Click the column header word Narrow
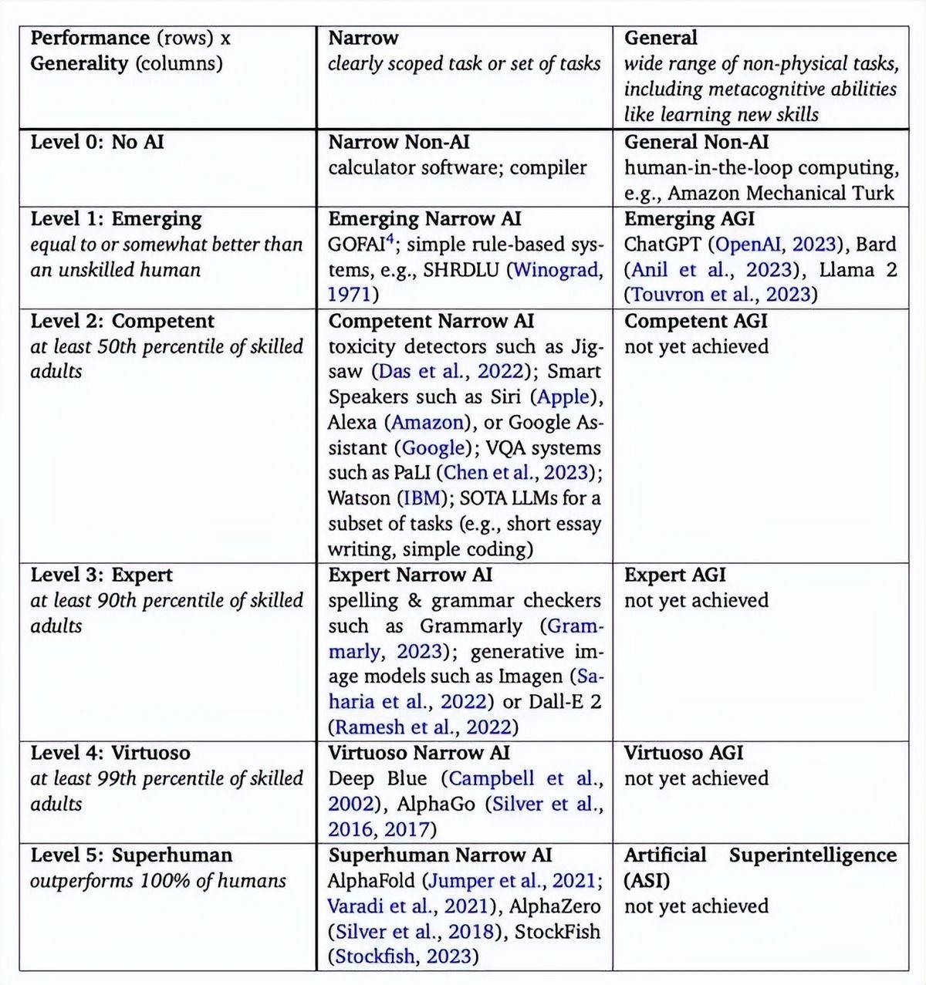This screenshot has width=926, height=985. [x=363, y=38]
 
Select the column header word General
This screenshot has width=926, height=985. [x=660, y=38]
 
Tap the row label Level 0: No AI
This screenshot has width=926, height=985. [x=97, y=142]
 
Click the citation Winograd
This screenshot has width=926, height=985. [x=558, y=270]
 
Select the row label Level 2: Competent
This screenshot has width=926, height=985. [x=123, y=321]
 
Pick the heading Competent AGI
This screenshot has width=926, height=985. [x=695, y=321]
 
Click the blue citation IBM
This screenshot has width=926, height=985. [x=422, y=498]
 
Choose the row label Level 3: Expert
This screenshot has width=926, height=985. [x=101, y=575]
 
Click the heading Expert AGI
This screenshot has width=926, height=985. [x=674, y=575]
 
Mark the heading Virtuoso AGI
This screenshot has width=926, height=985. [x=684, y=753]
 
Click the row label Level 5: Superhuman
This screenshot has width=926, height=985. [x=131, y=855]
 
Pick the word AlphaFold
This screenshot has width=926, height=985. [x=373, y=881]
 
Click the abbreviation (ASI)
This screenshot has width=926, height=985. [x=647, y=881]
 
